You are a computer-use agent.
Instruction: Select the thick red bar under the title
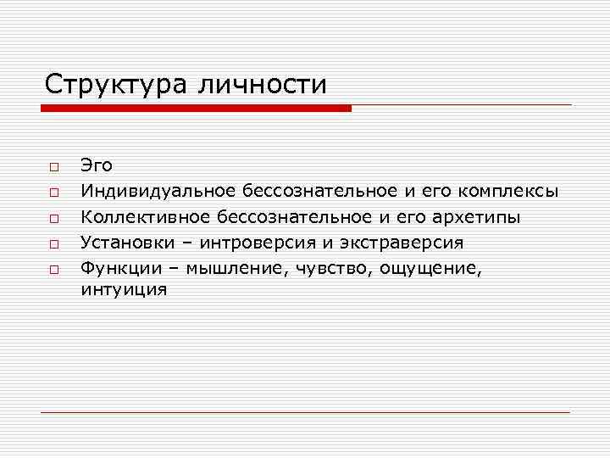[195, 109]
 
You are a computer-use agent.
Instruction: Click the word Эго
[96, 165]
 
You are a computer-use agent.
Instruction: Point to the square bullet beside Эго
[52, 166]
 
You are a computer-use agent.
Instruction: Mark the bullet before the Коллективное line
[52, 218]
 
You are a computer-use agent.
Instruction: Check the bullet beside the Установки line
[52, 244]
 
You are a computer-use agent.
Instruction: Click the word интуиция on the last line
[124, 290]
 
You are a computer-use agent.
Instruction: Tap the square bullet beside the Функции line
[52, 270]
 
